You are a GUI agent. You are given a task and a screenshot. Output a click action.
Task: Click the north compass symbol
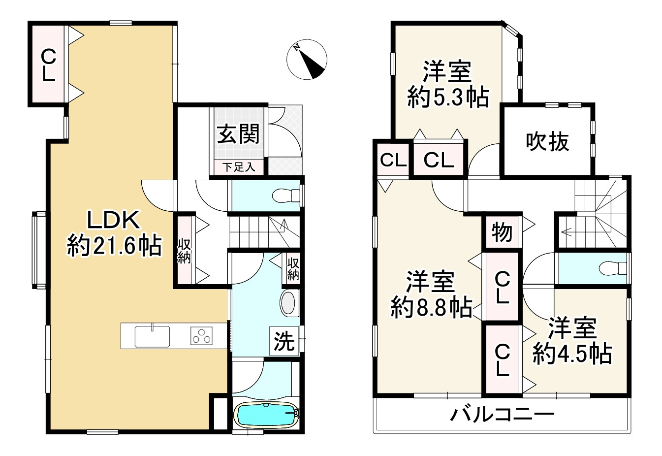pos(307,59)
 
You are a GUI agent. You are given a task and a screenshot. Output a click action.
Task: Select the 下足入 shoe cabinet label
pos(239,167)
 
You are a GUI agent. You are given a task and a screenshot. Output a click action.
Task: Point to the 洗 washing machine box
pos(284,341)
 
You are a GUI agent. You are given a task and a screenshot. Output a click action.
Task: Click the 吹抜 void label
pos(547,142)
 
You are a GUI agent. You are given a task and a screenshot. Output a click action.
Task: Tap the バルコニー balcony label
pos(503,415)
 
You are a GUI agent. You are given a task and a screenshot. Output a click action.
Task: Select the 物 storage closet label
pos(502,232)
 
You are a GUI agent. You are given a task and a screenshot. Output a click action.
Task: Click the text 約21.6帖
pos(114,245)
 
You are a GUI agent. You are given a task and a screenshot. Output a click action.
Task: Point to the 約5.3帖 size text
pos(448,98)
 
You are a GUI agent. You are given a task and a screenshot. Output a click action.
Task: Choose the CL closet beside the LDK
pos(49,65)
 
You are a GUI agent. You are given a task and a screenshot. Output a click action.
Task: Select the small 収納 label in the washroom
pos(293,268)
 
